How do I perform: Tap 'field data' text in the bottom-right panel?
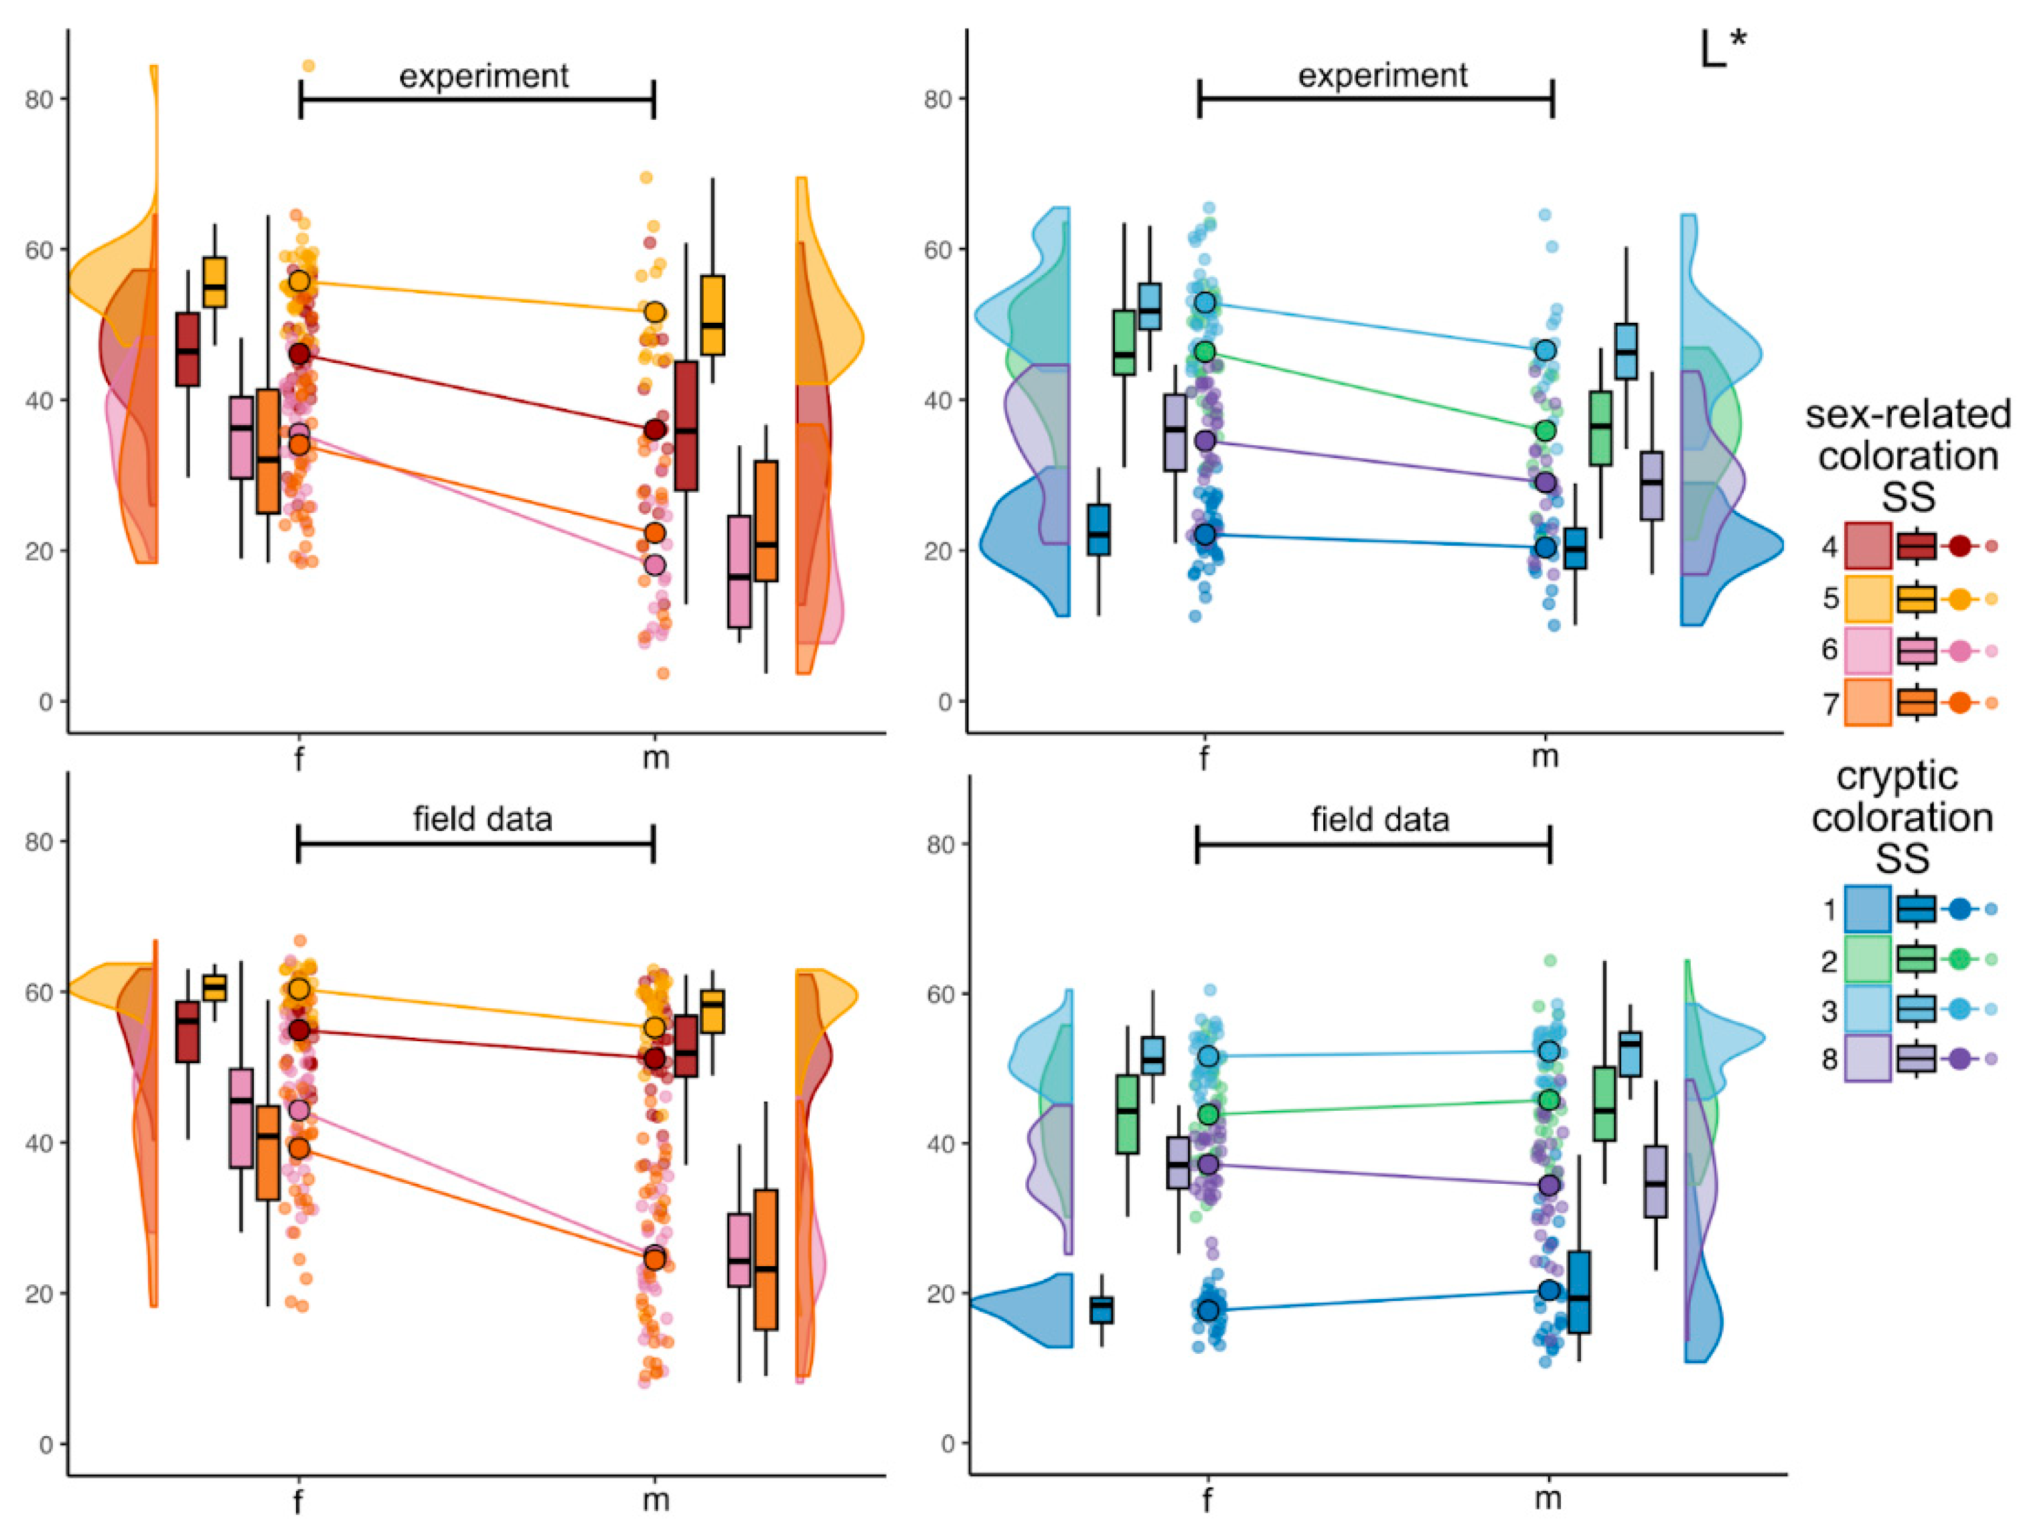(1379, 819)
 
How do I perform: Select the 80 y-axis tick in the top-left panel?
(38, 99)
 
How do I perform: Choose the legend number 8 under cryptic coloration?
(1829, 1060)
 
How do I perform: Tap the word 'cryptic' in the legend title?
(1896, 777)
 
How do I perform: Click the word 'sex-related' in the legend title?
(1906, 415)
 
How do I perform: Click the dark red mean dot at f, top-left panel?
(299, 354)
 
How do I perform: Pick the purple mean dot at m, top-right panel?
(1546, 482)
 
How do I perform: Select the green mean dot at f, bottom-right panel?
(1208, 1113)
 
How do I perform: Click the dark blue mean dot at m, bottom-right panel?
(1549, 1290)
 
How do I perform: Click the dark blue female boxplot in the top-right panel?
(1098, 529)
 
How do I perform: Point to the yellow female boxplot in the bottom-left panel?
(214, 987)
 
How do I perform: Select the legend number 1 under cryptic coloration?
(1829, 910)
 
